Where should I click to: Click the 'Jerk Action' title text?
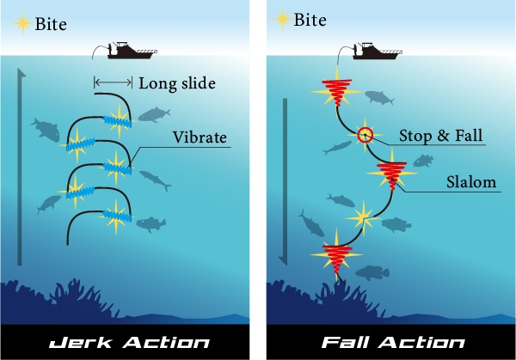128,342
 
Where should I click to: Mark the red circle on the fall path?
365,134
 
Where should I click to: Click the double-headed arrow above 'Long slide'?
113,83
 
